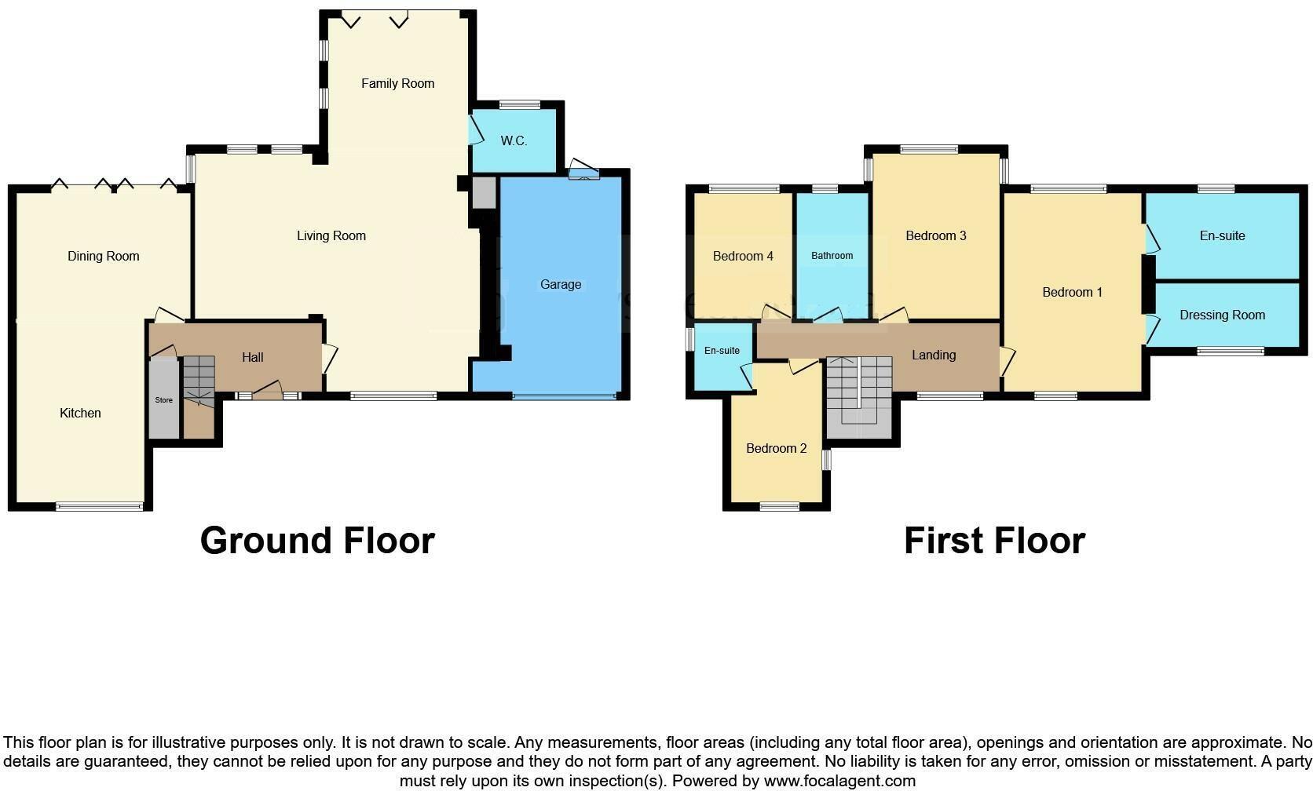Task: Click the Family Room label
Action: [x=397, y=83]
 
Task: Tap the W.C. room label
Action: [x=514, y=141]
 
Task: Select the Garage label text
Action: [x=561, y=284]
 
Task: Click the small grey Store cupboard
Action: [x=163, y=399]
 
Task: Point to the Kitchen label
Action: [x=80, y=413]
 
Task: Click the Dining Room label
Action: [x=103, y=256]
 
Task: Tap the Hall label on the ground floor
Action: [x=252, y=357]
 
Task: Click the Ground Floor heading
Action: [x=317, y=541]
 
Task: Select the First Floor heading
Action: [x=994, y=541]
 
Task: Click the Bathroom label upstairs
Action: [x=832, y=256]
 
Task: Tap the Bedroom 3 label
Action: [x=935, y=235]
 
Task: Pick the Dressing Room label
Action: [x=1222, y=315]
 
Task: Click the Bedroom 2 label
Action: [x=776, y=448]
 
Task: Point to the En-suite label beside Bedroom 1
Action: [x=1222, y=235]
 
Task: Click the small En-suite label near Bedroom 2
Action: [x=721, y=351]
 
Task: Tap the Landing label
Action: [x=933, y=355]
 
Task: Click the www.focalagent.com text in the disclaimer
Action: [x=839, y=781]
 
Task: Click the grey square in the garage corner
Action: [x=484, y=193]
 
